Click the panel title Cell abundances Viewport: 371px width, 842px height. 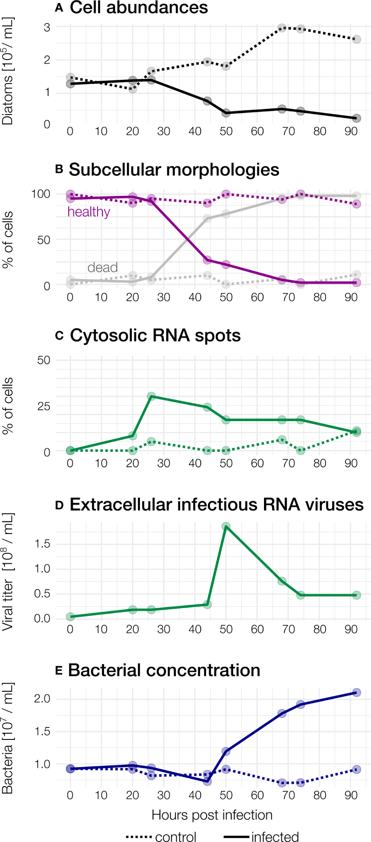138,7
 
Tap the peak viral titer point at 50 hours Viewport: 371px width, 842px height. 226,526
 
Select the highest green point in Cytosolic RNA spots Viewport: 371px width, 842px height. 151,396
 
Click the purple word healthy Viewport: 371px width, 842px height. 88,212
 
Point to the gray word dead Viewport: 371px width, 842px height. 102,267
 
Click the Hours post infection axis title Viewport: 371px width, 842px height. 212,815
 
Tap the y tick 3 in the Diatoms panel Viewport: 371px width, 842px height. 47,27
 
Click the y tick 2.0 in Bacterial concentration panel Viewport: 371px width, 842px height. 42,699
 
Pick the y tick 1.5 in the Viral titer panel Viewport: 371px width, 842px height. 42,544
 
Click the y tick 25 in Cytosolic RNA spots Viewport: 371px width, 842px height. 44,406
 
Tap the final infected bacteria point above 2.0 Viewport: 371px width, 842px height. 357,692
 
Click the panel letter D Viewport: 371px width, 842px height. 59,506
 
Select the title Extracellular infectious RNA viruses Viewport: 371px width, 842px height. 216,505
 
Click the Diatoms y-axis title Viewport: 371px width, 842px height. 7,71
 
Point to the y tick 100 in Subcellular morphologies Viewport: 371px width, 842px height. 40,194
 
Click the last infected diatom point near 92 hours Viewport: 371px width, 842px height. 357,118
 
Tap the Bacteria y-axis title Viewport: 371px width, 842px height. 7,738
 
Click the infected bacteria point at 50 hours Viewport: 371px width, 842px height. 226,751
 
